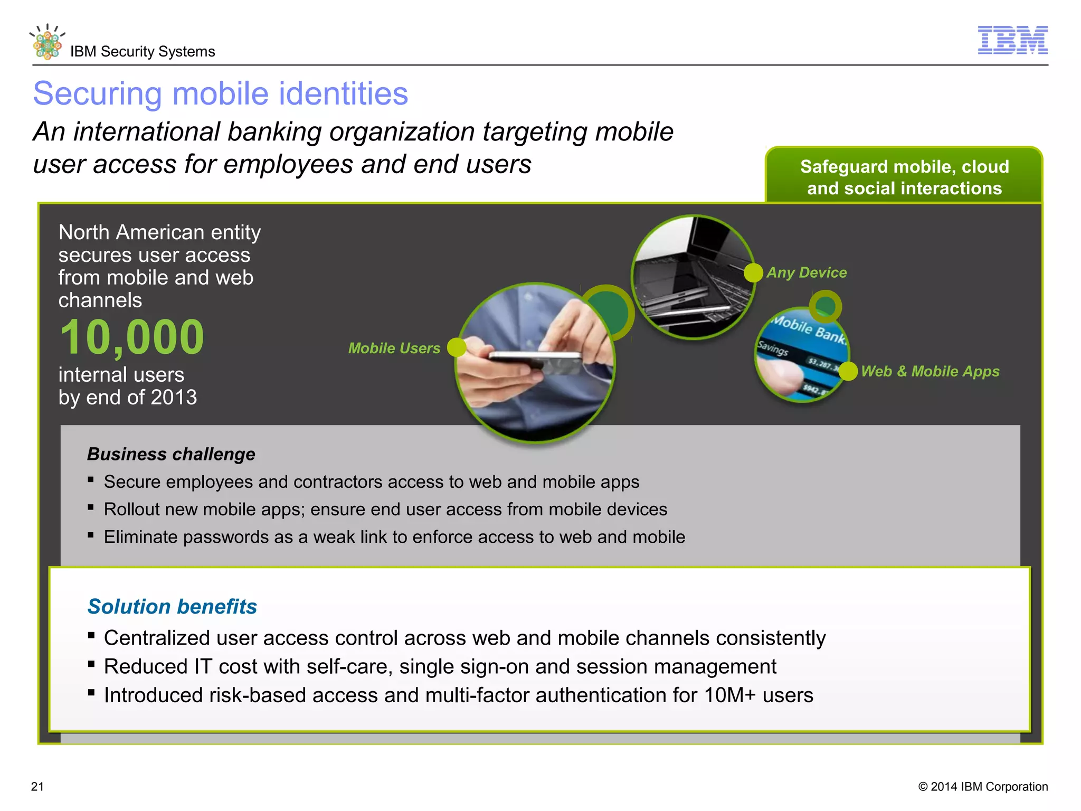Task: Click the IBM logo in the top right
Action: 1012,40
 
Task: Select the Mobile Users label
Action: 394,348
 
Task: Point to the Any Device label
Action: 807,272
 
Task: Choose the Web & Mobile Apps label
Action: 930,371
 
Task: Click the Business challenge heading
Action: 171,454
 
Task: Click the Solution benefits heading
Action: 172,607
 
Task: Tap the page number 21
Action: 37,787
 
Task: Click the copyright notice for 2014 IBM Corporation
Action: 983,787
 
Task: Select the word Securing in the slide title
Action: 97,94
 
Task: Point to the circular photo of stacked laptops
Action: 693,277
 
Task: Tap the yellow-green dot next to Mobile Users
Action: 457,347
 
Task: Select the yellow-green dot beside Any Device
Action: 753,272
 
